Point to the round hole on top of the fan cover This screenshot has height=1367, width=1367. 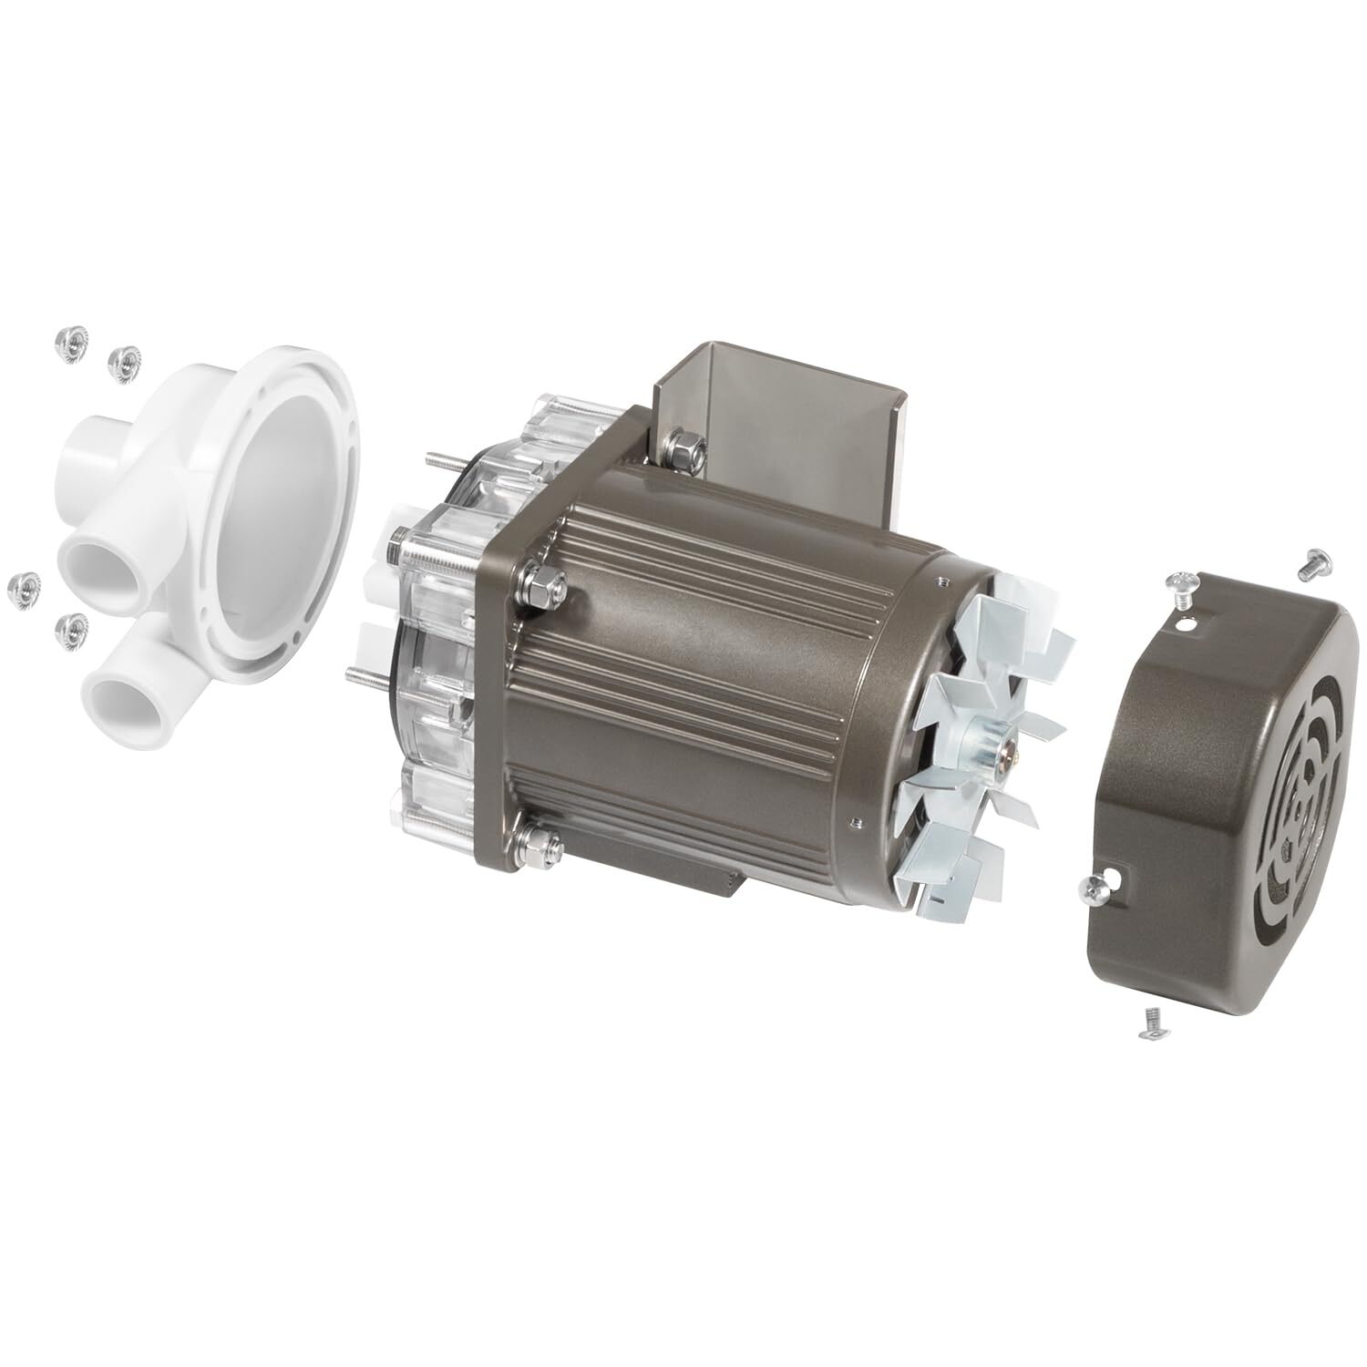(x=1185, y=624)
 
